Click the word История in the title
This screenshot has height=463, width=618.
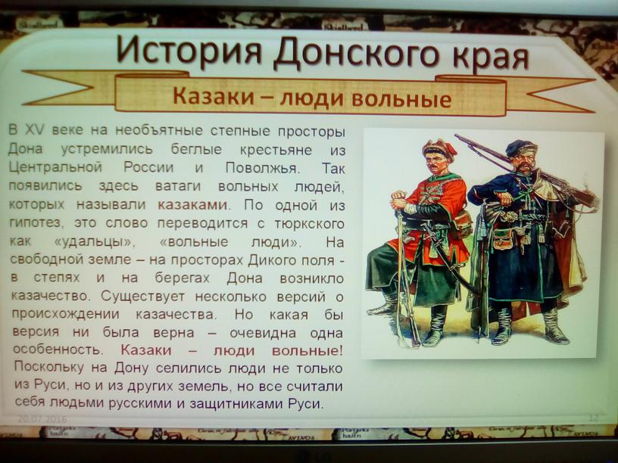(189, 51)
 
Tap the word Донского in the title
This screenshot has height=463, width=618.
(356, 53)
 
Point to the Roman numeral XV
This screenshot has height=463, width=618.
(35, 129)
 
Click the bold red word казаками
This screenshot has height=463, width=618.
(192, 205)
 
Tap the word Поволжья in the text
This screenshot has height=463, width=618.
(263, 168)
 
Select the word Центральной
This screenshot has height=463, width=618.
(55, 167)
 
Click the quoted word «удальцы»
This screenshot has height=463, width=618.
(94, 242)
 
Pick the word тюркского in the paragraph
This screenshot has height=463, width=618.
(310, 224)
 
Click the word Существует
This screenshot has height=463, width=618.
(142, 296)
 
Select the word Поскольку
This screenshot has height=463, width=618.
(49, 368)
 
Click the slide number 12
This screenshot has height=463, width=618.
(593, 418)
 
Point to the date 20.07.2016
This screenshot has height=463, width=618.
(42, 419)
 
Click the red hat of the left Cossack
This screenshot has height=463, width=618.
(439, 148)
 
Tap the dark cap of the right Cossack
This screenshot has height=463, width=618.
(520, 148)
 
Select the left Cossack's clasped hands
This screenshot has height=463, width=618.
(399, 199)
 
